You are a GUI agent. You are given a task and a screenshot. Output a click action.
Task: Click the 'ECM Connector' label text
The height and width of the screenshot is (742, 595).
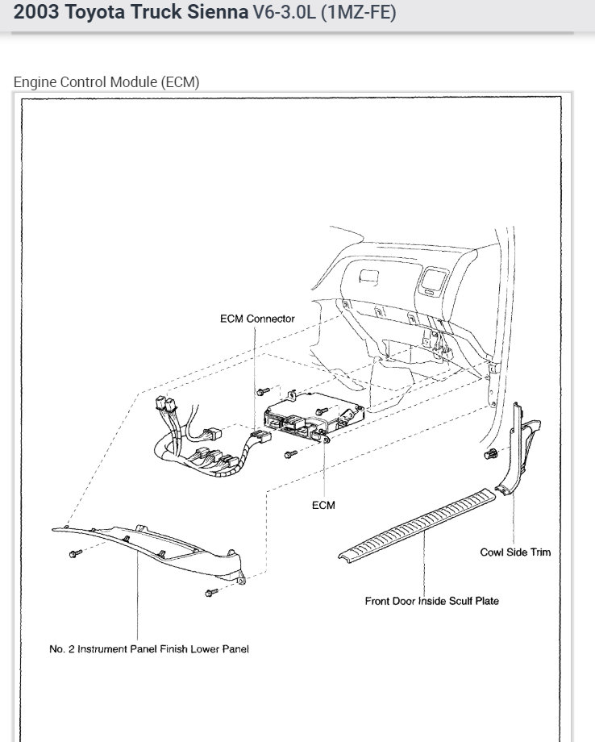click(257, 319)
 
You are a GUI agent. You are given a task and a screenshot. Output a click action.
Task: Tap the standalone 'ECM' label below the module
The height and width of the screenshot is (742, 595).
click(322, 506)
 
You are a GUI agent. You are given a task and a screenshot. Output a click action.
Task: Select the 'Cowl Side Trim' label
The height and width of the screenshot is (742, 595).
click(515, 552)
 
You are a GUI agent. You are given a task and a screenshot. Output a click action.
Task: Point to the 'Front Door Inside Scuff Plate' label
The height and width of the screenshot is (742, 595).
click(431, 601)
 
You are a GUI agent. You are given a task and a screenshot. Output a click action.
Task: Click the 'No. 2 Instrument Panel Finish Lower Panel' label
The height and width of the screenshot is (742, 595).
click(149, 649)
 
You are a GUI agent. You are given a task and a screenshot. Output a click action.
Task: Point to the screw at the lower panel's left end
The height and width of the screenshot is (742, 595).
click(75, 554)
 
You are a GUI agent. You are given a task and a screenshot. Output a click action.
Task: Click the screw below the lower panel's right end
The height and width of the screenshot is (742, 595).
click(211, 593)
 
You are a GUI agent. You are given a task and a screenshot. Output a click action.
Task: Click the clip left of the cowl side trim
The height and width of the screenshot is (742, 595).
click(489, 456)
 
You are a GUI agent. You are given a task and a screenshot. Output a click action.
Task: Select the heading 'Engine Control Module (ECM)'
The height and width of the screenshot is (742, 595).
click(106, 81)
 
